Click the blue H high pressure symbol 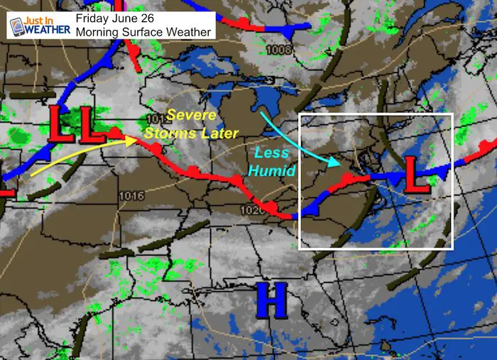coord(271,300)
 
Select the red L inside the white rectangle coord(417,175)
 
